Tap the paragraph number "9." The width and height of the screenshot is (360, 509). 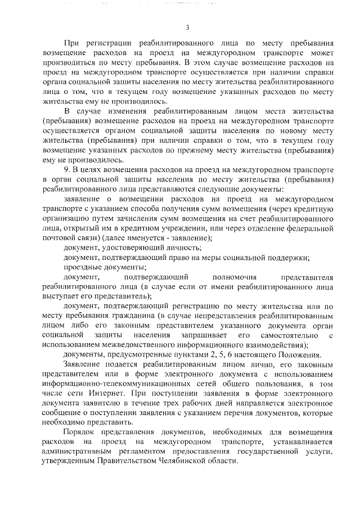click(x=67, y=169)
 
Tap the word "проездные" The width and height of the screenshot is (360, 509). click(x=82, y=267)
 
